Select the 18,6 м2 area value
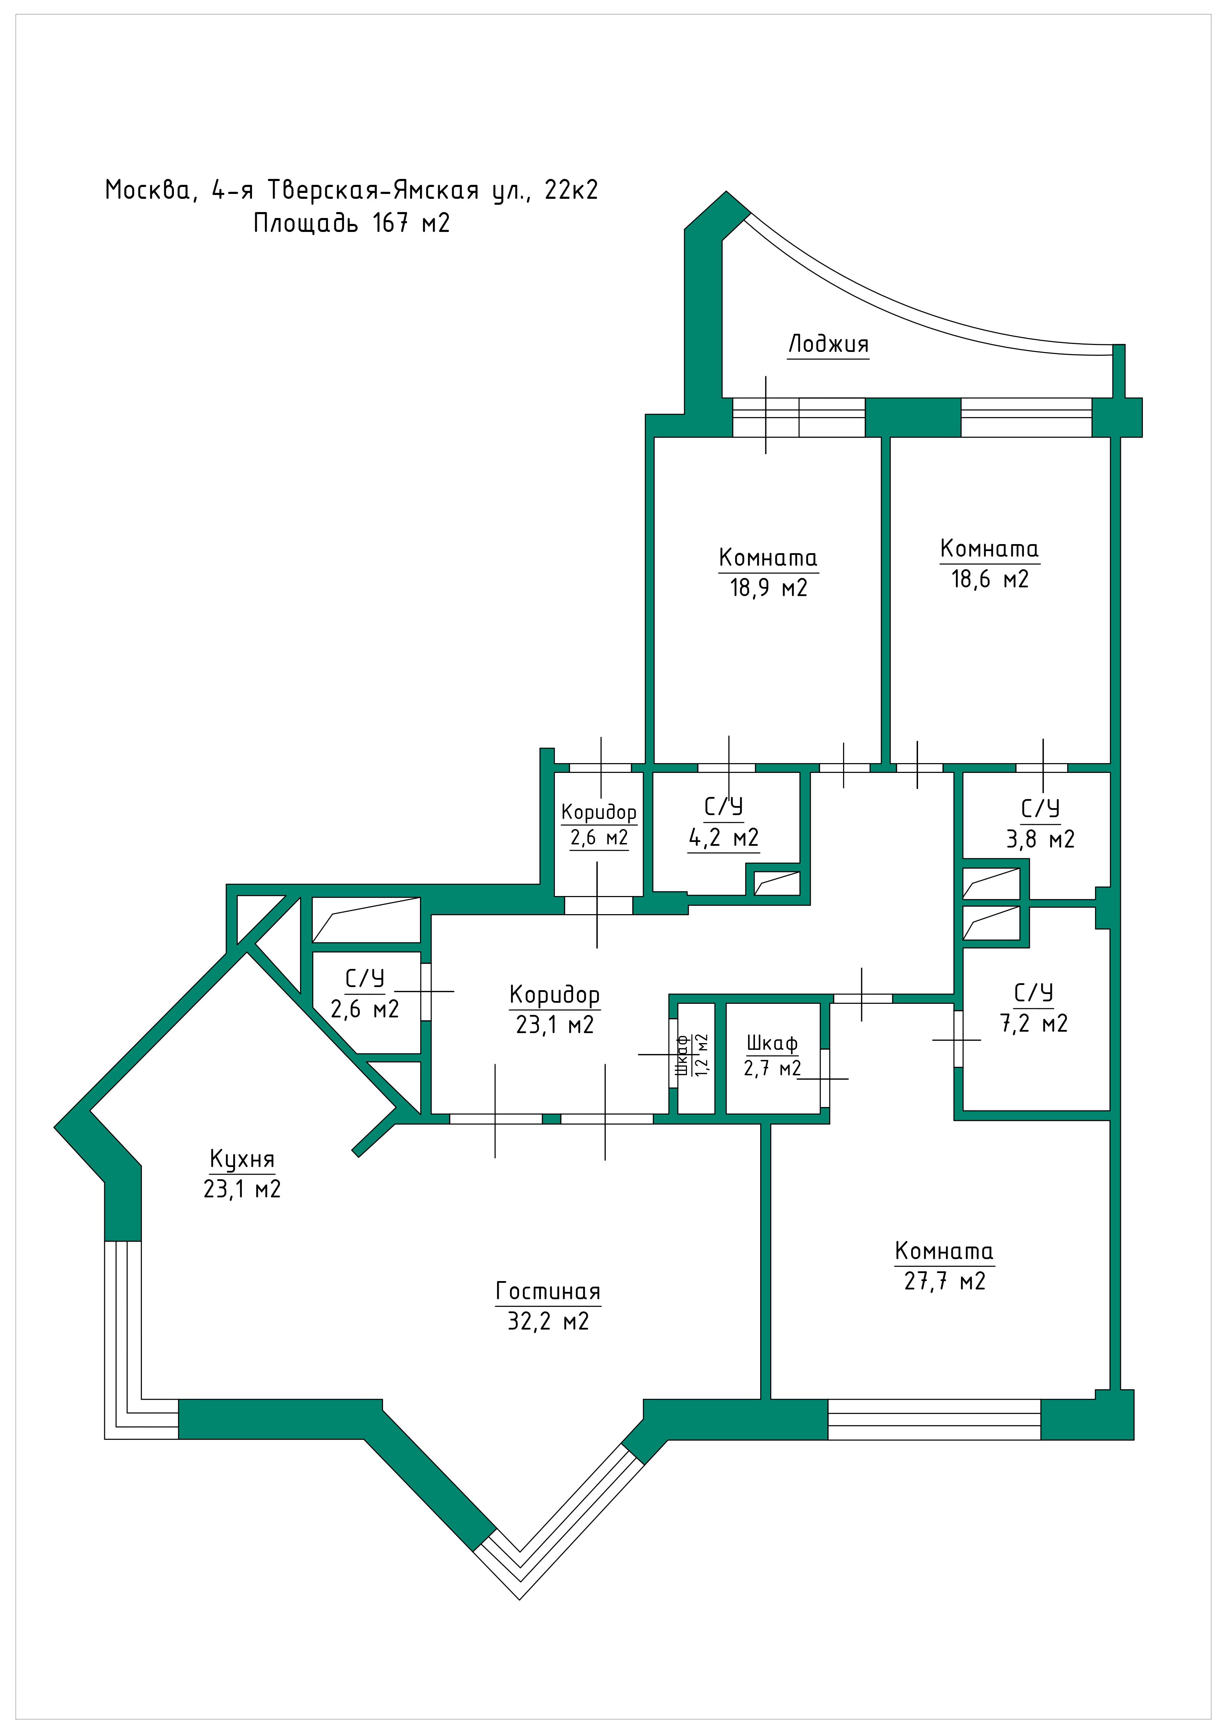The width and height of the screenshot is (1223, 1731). [x=989, y=579]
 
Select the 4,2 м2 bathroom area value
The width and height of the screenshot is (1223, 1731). [x=724, y=838]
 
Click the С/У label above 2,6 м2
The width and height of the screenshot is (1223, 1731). [x=365, y=979]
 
